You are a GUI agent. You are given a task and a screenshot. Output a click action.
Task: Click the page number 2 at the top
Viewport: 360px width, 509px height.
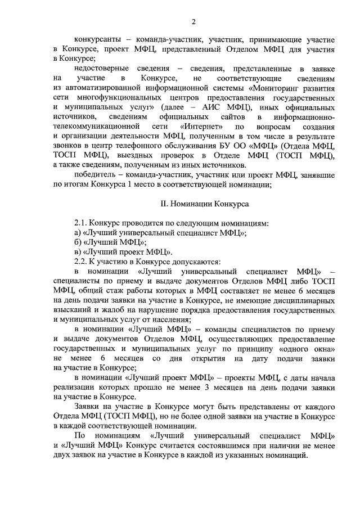[x=193, y=22]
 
